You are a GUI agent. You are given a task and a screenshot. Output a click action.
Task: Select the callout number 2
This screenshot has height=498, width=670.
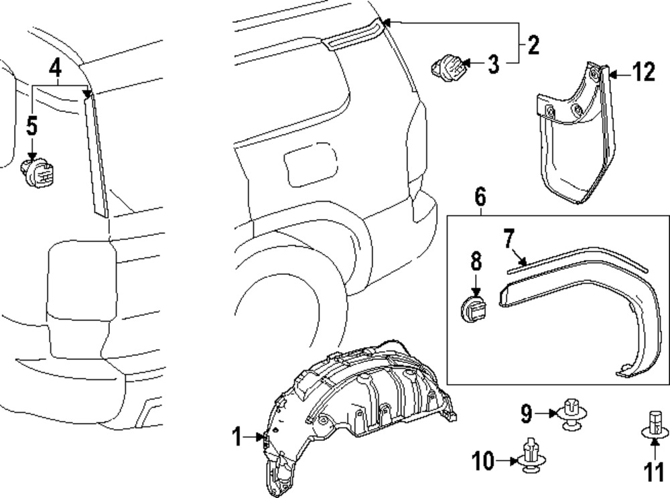(x=533, y=45)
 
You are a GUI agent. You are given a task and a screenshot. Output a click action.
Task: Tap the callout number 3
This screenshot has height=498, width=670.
(x=493, y=64)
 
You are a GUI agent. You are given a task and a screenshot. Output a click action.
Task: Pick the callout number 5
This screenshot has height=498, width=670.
(x=32, y=125)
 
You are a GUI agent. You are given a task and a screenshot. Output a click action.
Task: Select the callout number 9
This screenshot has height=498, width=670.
(x=527, y=414)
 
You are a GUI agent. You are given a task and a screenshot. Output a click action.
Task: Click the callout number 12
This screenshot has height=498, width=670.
(x=643, y=72)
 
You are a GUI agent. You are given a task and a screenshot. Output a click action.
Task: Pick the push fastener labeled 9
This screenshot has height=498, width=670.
(x=571, y=414)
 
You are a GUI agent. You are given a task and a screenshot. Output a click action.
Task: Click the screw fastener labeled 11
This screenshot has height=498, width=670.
(x=654, y=425)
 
